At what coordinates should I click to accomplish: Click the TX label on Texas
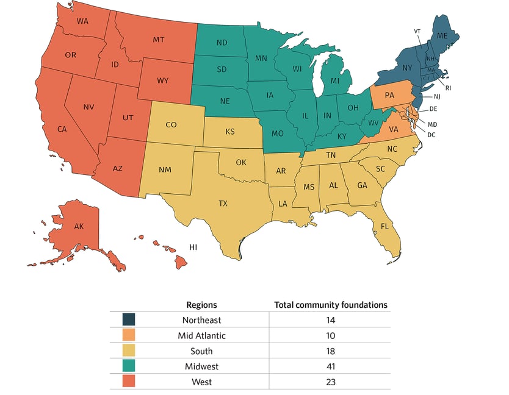click(x=223, y=203)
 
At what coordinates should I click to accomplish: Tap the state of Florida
click(x=385, y=227)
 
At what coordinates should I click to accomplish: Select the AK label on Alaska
click(x=79, y=226)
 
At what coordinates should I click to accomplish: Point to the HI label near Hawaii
click(x=193, y=247)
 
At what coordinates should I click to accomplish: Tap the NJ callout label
click(x=437, y=97)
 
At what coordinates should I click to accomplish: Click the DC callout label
click(x=431, y=134)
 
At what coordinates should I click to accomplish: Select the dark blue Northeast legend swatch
click(x=129, y=319)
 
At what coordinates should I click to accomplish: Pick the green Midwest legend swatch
click(x=129, y=366)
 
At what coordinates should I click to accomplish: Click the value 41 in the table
click(x=330, y=366)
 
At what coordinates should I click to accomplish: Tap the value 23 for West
click(x=330, y=382)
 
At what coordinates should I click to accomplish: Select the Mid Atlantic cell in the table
click(x=201, y=335)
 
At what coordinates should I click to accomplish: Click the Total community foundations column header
click(x=330, y=305)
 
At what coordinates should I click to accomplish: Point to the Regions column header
click(x=201, y=305)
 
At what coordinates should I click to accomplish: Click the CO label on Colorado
click(x=171, y=124)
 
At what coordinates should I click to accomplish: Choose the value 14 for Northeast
click(x=330, y=319)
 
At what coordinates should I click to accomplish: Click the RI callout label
click(x=448, y=88)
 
